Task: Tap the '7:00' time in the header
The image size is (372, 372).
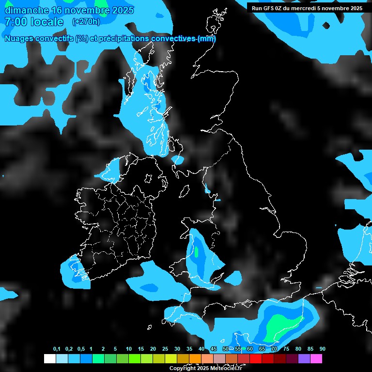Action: (15, 22)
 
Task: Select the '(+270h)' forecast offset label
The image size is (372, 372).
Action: (86, 21)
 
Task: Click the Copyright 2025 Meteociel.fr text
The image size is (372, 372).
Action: (205, 369)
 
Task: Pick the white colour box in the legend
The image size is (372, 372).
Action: (49, 359)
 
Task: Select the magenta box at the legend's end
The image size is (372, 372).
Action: (316, 359)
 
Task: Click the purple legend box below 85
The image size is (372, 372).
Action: (304, 359)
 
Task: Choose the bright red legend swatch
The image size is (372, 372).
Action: (256, 359)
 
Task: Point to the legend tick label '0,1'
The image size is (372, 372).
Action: (57, 349)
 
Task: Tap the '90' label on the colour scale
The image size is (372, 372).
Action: (323, 349)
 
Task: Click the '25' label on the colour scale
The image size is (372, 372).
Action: (165, 349)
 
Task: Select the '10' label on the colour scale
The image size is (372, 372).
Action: (129, 349)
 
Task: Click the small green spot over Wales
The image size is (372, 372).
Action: (197, 252)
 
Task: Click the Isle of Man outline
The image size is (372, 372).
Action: (185, 192)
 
